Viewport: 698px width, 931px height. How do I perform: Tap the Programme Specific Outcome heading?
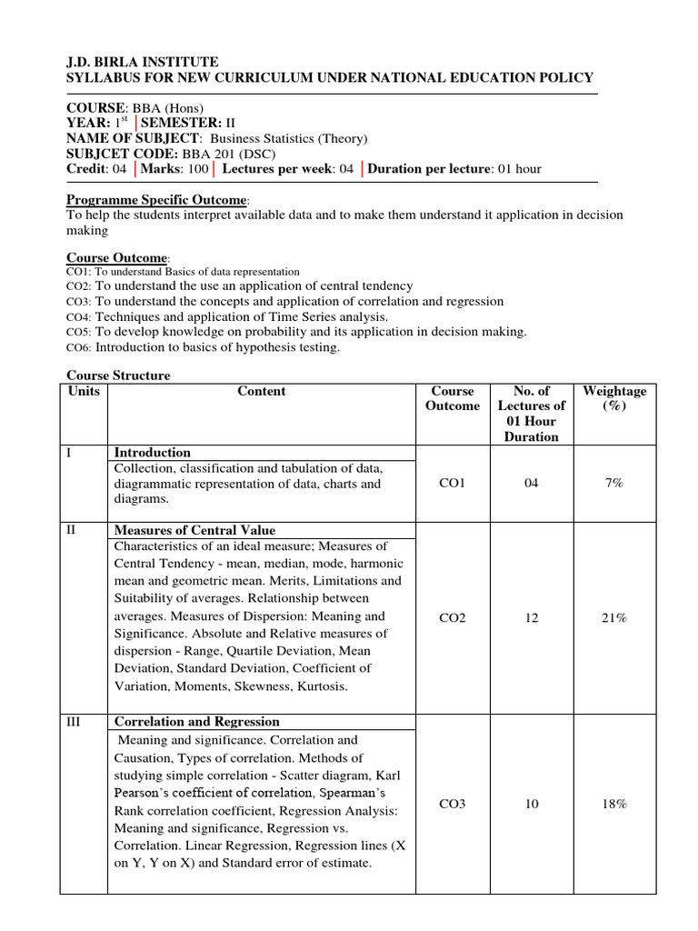(156, 200)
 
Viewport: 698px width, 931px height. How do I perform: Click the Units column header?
(84, 392)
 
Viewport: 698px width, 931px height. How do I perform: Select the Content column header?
(262, 392)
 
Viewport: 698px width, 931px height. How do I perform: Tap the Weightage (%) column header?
(614, 399)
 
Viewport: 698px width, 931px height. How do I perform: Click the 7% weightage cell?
(614, 483)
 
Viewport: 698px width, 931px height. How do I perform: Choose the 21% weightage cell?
(614, 618)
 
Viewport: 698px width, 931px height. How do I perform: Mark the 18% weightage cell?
(614, 804)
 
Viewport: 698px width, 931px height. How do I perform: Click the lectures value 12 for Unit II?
(532, 618)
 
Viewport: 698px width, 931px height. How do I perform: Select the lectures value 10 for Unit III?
(532, 804)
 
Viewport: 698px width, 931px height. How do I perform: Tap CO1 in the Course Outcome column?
(452, 483)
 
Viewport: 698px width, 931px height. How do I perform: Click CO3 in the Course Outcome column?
(452, 804)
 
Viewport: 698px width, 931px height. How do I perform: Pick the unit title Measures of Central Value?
(194, 530)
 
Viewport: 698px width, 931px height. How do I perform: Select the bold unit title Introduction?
(152, 453)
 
